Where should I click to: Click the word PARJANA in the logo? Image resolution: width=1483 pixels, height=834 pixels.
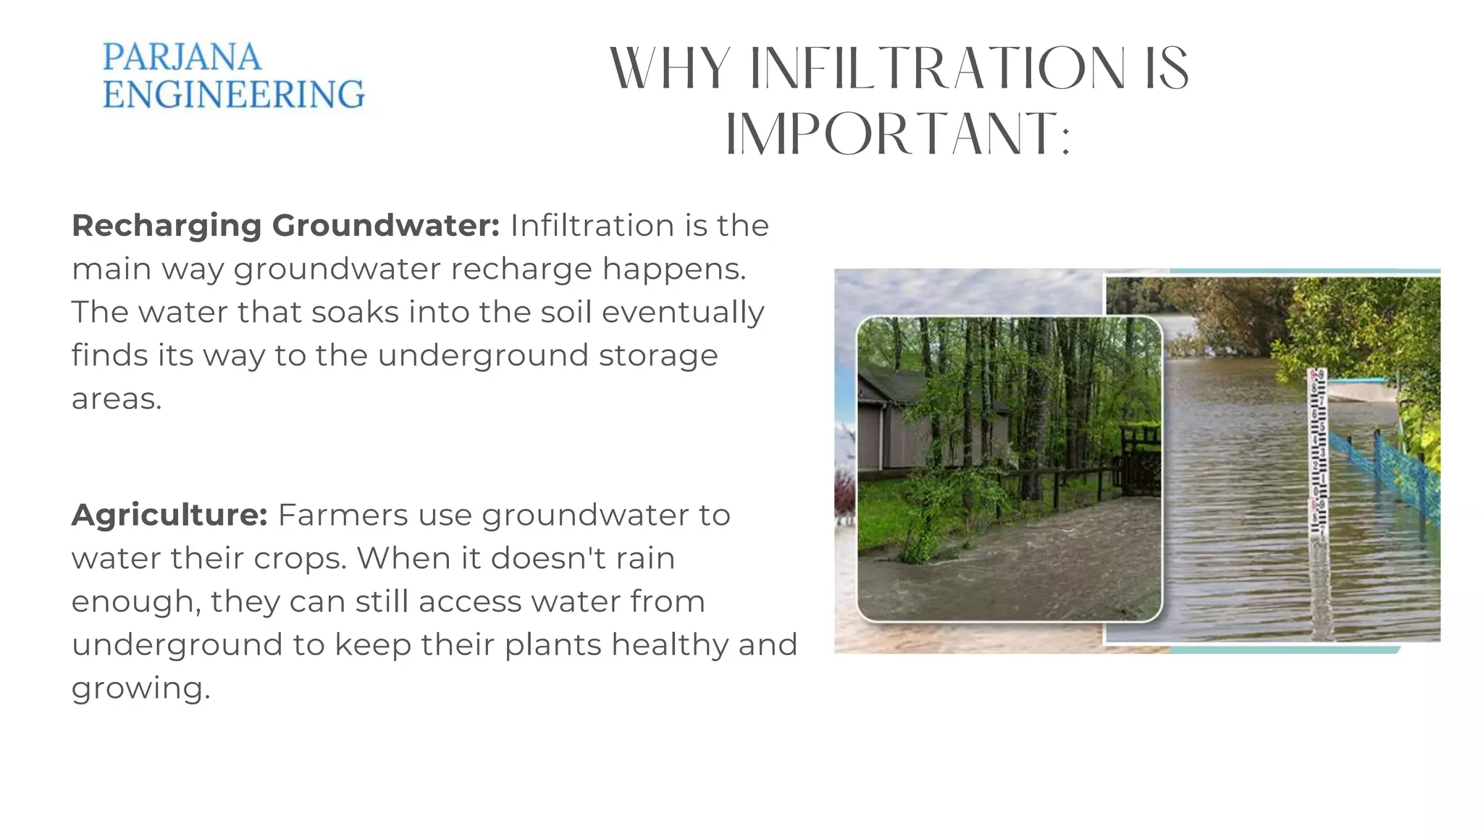(181, 58)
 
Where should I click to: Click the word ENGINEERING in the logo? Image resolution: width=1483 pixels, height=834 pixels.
(233, 95)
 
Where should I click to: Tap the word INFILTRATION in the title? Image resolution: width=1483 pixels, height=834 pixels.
(937, 69)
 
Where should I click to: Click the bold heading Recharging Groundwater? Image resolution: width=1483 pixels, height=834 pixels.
(285, 226)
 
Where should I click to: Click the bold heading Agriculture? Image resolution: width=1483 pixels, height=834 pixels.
(169, 515)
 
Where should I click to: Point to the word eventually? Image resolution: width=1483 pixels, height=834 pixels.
(682, 313)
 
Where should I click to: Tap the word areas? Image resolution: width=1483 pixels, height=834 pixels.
(116, 400)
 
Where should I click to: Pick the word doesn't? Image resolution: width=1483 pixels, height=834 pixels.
(547, 559)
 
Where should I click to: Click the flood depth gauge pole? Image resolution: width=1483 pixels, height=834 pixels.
(1317, 456)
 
